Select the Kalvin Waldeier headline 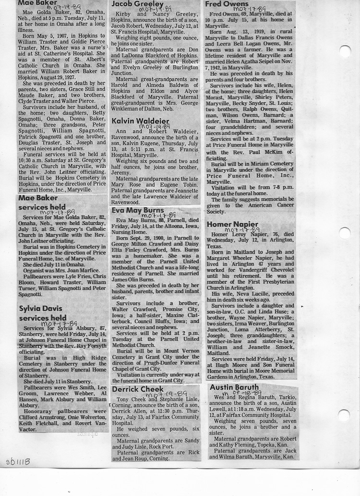(x=141, y=121)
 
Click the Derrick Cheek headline (x=138, y=389)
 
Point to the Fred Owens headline (x=227, y=4)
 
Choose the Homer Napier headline (x=232, y=224)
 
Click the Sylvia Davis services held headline (x=43, y=313)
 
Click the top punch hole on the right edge (x=345, y=51)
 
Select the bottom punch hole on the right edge (x=344, y=415)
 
